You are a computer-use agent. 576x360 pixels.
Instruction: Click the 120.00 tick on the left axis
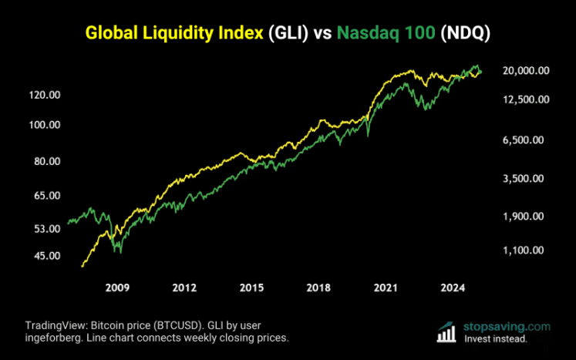click(x=45, y=95)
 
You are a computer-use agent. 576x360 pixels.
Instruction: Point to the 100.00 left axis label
click(x=45, y=125)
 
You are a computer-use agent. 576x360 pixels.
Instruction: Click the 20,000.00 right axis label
click(x=525, y=70)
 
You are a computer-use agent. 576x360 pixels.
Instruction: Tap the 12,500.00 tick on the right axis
click(x=525, y=99)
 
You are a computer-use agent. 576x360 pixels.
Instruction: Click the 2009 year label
click(x=116, y=288)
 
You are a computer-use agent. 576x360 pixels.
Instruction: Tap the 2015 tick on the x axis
click(x=251, y=288)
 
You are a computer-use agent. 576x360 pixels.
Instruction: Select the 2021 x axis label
click(x=386, y=288)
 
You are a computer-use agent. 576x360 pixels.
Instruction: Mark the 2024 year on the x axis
click(x=453, y=288)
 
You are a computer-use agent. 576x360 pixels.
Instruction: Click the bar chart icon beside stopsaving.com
click(x=446, y=331)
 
